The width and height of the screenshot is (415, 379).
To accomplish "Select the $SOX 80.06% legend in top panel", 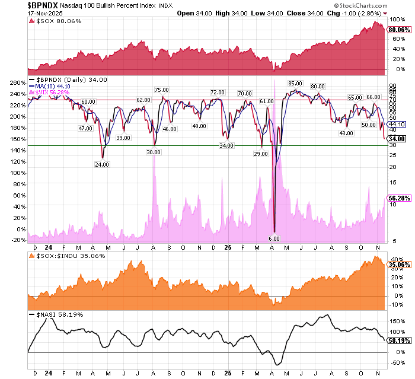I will pyautogui.click(x=52, y=21).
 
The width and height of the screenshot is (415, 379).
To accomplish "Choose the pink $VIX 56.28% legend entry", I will pyautogui.click(x=50, y=92).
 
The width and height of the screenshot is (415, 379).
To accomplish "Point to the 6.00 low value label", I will pyautogui.click(x=274, y=238).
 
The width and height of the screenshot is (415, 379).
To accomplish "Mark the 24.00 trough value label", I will pyautogui.click(x=103, y=164).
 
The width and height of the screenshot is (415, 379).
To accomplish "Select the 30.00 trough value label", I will pyautogui.click(x=154, y=152).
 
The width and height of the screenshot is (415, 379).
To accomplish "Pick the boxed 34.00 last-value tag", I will pyautogui.click(x=396, y=138).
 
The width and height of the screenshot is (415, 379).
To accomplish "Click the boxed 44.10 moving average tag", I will pyautogui.click(x=396, y=124).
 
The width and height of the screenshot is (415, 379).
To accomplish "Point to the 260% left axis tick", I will pyautogui.click(x=17, y=82).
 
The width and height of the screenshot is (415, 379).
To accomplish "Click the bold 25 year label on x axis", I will pyautogui.click(x=227, y=246).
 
